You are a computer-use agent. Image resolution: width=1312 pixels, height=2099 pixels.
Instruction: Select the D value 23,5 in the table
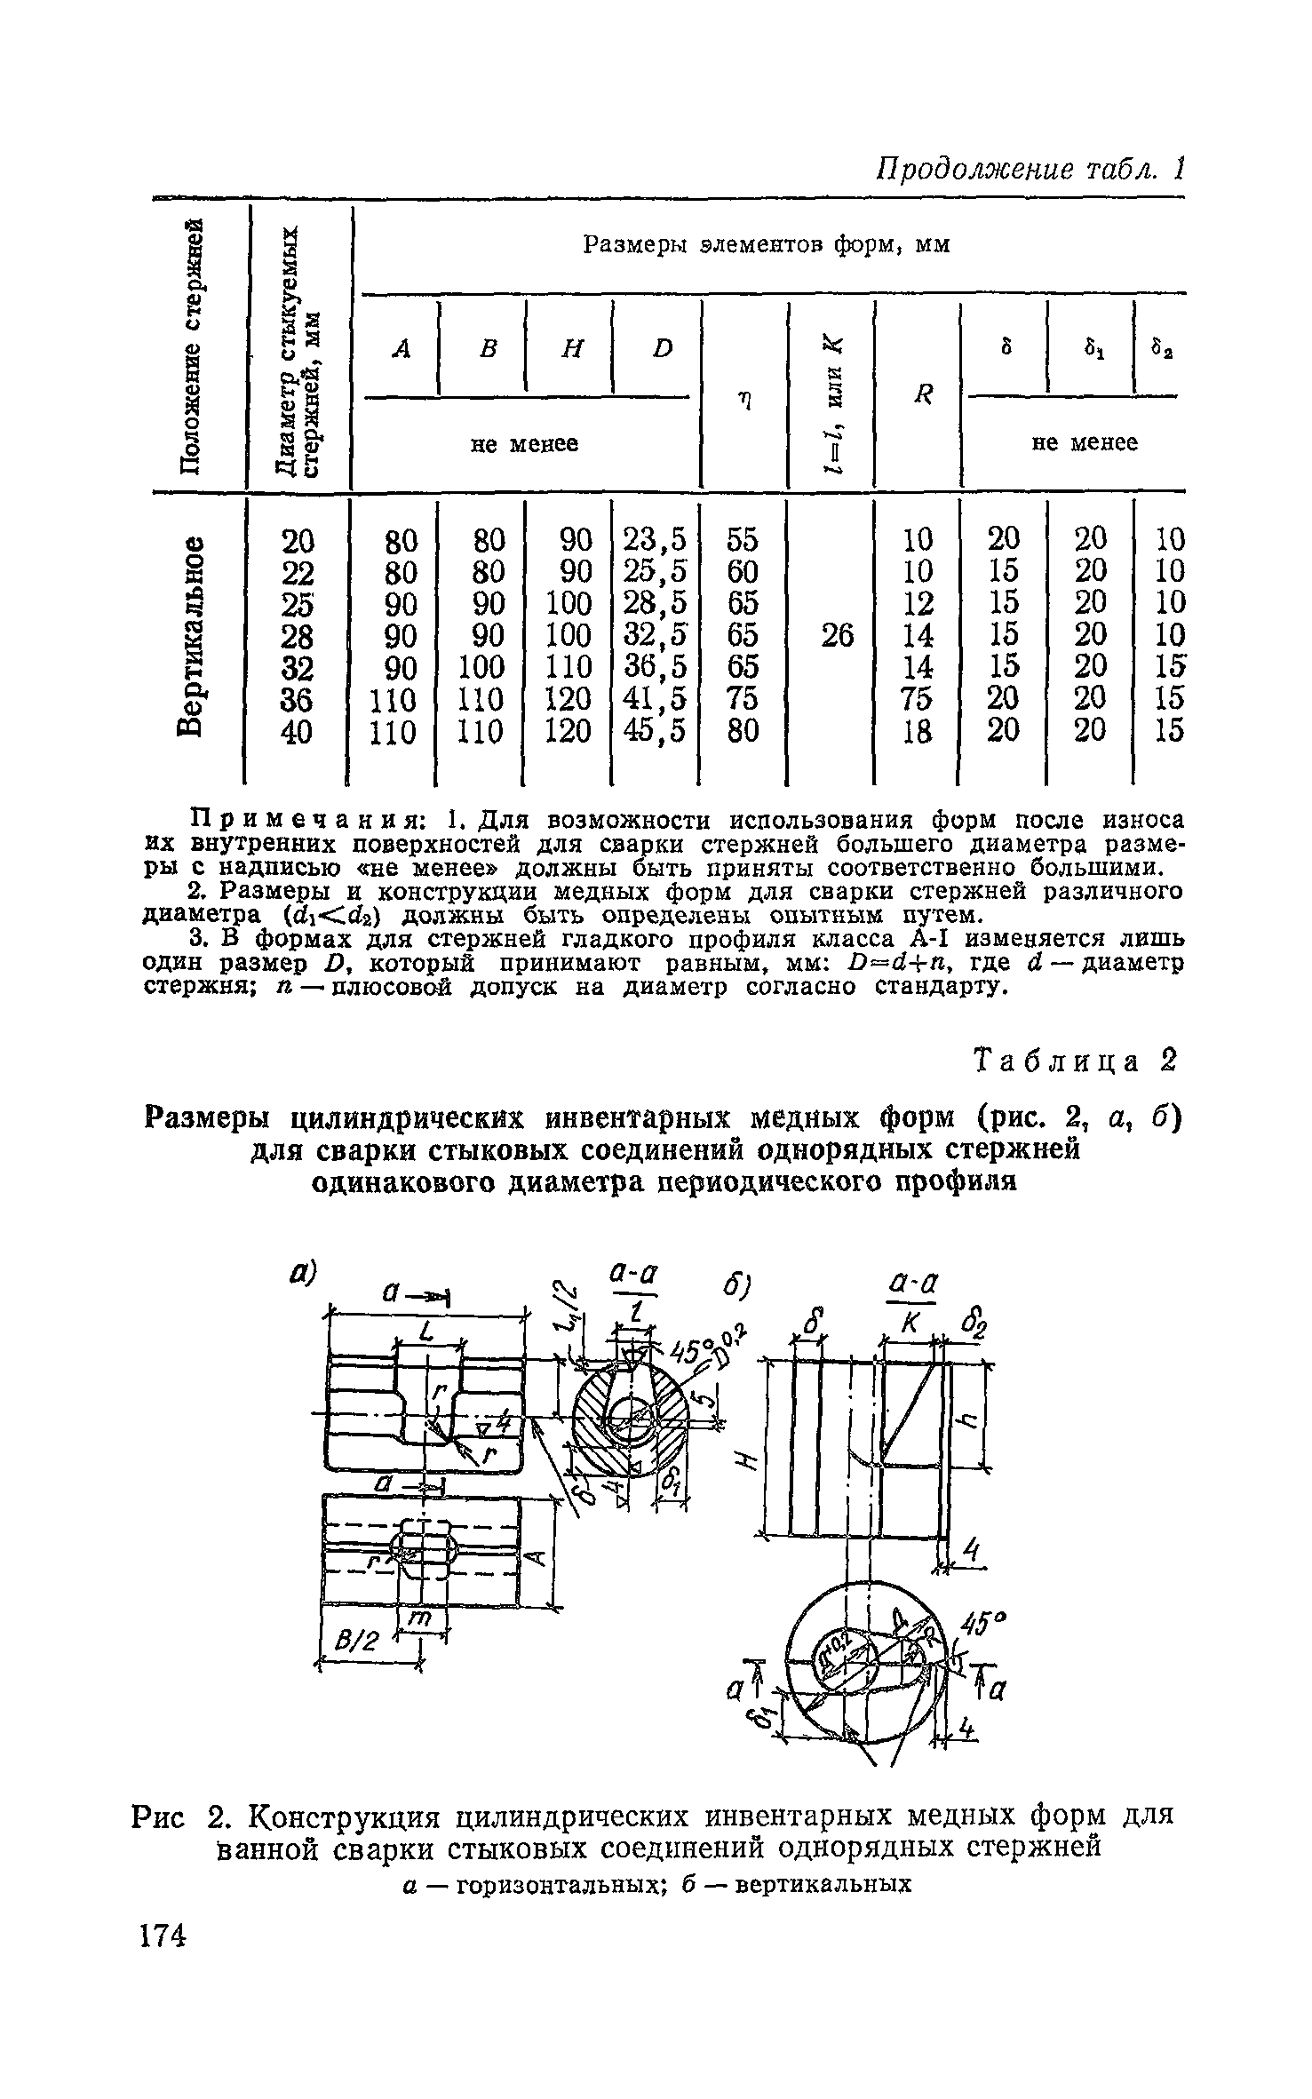pyautogui.click(x=656, y=539)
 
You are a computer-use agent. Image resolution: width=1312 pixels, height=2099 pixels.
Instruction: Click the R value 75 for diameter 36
pyautogui.click(x=918, y=699)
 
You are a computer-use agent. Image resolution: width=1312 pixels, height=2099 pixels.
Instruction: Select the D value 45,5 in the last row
pyautogui.click(x=656, y=731)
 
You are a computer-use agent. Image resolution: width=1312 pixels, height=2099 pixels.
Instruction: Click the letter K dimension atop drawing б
pyautogui.click(x=909, y=1327)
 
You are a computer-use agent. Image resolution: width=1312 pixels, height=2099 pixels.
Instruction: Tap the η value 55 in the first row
pyautogui.click(x=743, y=539)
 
